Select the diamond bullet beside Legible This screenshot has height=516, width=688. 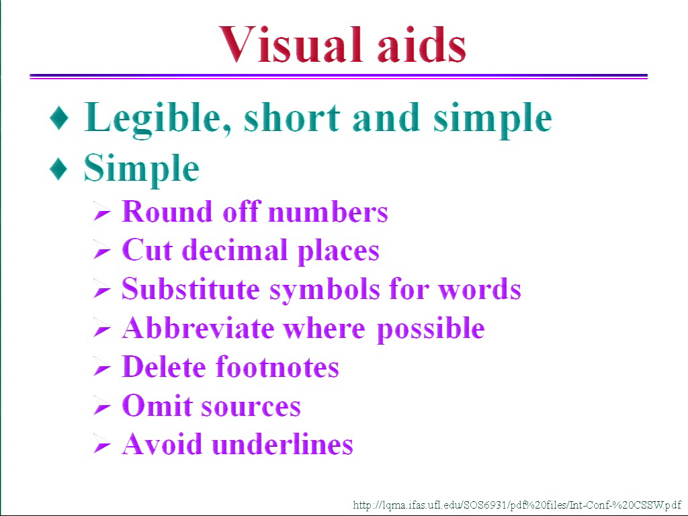(59, 117)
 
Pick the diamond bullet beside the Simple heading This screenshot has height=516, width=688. (59, 169)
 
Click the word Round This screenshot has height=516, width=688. (167, 212)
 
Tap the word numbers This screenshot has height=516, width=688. (328, 212)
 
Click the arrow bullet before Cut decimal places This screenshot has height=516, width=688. (102, 251)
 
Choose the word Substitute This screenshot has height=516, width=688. (190, 289)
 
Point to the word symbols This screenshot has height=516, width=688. (325, 290)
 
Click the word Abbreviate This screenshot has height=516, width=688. (198, 328)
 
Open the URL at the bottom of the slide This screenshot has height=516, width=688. (517, 505)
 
